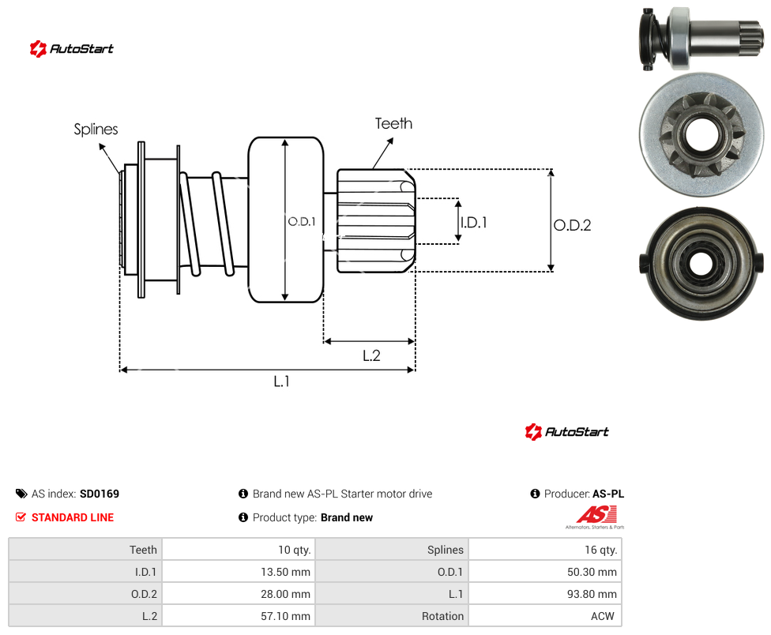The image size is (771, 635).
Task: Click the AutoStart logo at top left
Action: [71, 49]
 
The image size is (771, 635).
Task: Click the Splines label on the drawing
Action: [96, 130]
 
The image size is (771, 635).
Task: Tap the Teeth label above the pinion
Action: [393, 123]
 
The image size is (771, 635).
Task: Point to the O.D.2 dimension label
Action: [573, 225]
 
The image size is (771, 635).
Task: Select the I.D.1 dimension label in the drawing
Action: [473, 223]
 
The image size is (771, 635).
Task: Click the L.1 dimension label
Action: [281, 381]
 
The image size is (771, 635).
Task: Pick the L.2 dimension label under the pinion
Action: [371, 355]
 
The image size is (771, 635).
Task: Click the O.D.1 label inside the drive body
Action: [302, 222]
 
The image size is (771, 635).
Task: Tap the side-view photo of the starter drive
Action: [701, 39]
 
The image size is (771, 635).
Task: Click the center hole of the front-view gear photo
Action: [701, 136]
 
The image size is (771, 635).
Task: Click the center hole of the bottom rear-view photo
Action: [701, 264]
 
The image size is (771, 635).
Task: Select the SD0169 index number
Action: [100, 494]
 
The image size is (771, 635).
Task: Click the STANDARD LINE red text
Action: [73, 517]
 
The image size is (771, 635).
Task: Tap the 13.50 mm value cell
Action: [239, 572]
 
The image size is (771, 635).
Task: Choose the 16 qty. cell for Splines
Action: [545, 550]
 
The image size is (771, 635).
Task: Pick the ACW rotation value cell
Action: [545, 616]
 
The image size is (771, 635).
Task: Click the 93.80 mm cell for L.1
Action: [545, 594]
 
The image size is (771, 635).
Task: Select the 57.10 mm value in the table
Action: [286, 616]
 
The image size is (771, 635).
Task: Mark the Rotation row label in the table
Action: [442, 616]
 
